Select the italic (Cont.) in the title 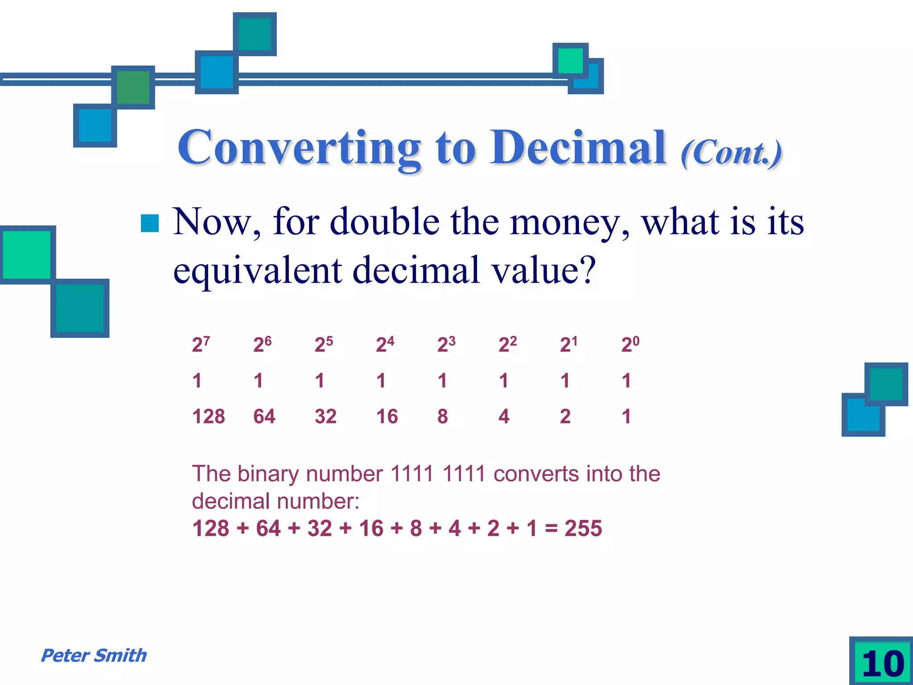pos(731,153)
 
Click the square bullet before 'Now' pos(150,223)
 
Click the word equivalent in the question pos(257,271)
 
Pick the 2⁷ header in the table pos(201,344)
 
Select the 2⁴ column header pos(385,344)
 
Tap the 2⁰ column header pos(630,344)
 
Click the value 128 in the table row pos(208,417)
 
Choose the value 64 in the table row pos(264,417)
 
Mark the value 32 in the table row pos(325,417)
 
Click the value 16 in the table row pos(387,417)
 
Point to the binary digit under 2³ pos(442,381)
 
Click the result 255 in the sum pos(583,528)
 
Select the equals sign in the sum pos(551,529)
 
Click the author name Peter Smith pos(94,656)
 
